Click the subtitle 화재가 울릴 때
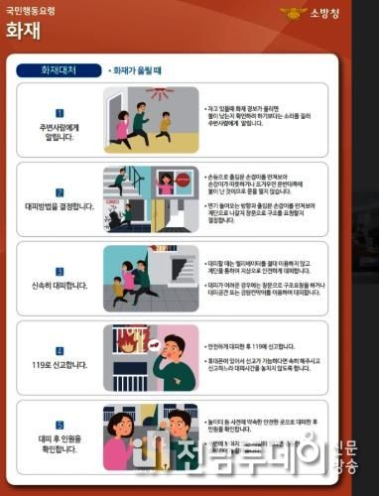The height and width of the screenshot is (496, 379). click(137, 71)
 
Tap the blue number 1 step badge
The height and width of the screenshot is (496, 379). click(60, 114)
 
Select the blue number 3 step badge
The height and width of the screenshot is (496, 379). click(60, 270)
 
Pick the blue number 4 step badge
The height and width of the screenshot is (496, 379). click(60, 350)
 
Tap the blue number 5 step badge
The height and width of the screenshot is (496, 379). click(60, 430)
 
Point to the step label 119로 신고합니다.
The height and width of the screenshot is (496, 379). click(60, 364)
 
